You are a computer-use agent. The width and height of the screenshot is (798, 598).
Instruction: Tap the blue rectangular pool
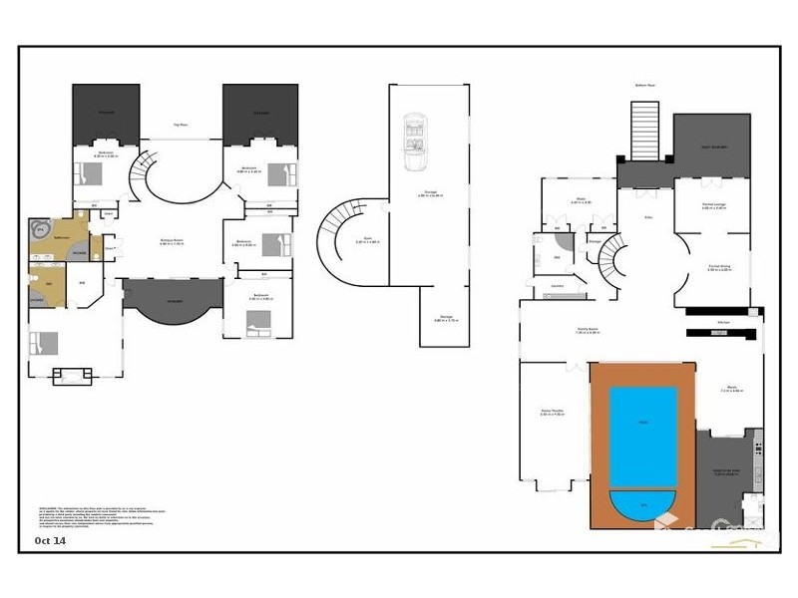pos(642,436)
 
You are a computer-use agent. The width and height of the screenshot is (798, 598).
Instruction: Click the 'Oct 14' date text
pos(50,541)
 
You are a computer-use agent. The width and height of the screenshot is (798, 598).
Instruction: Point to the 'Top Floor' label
pos(182,125)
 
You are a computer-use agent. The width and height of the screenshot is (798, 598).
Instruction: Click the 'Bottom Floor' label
pos(644,86)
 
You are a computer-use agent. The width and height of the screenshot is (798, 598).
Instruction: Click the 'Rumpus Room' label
pos(174,241)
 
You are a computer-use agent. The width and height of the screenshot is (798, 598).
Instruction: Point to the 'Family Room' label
pos(587,329)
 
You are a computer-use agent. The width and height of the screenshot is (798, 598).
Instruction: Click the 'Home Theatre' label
pos(552,411)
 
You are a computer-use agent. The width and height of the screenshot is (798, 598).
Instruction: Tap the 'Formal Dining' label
pos(719,267)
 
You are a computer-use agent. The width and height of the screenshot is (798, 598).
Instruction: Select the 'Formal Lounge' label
pos(712,206)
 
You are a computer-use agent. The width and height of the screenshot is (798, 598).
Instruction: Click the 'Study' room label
pos(581,200)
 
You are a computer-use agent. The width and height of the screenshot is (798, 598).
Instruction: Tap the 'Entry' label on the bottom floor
pos(647,216)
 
